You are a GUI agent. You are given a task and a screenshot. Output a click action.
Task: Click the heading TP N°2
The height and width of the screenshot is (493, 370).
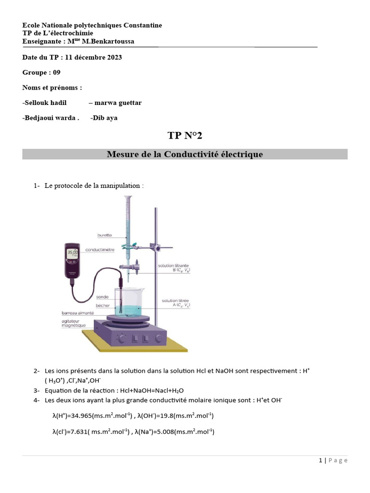[185, 135]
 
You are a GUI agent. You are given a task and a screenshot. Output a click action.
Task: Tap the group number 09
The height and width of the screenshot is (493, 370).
[56, 72]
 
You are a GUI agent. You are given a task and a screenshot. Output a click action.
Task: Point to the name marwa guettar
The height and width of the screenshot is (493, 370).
[118, 103]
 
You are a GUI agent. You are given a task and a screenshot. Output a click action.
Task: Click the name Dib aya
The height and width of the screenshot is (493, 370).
[105, 118]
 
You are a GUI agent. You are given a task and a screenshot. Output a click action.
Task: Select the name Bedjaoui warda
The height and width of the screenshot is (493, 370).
[50, 118]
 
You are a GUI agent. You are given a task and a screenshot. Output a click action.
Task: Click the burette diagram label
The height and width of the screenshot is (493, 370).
[105, 235]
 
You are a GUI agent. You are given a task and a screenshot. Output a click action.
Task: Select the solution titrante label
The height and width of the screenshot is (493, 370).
[174, 266]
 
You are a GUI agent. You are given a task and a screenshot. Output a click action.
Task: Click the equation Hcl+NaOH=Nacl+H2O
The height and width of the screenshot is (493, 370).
[148, 390]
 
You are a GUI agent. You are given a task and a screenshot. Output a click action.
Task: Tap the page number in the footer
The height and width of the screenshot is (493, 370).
[321, 460]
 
